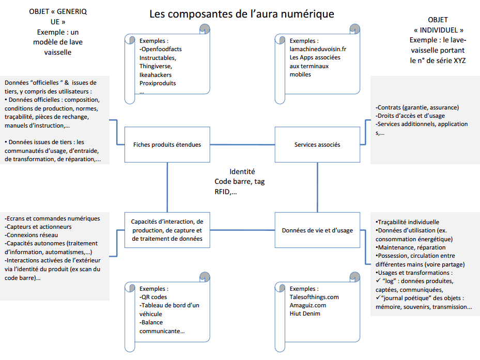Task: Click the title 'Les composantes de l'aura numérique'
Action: coord(242,14)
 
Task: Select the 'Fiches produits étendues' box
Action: coord(167,145)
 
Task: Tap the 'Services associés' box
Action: coord(317,145)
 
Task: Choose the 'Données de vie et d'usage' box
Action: coord(317,230)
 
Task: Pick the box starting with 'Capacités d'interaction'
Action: coord(167,230)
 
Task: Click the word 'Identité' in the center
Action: coord(242,171)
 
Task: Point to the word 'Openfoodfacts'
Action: coord(161,49)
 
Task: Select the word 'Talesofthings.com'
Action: coord(314,297)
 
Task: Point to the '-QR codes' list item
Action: coord(154,297)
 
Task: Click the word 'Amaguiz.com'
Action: coord(308,305)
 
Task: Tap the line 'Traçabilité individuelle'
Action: coord(408,222)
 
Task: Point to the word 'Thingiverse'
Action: coord(156,66)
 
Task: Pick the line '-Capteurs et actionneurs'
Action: coord(38,227)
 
